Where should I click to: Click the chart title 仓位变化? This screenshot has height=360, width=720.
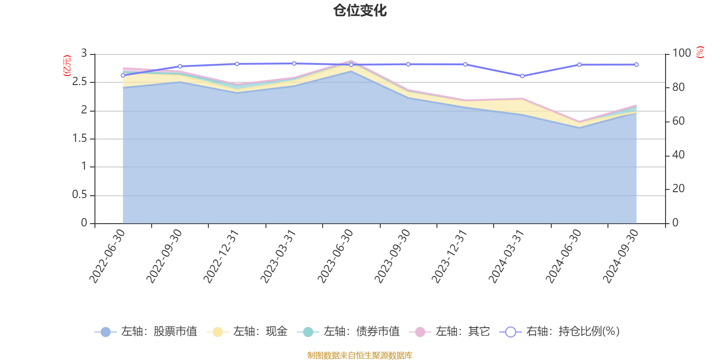[x=360, y=10]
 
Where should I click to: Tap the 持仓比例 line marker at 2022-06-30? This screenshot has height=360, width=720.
[x=123, y=75]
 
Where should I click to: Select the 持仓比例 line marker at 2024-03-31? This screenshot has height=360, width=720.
[x=522, y=76]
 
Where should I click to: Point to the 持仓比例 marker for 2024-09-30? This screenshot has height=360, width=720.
[x=636, y=65]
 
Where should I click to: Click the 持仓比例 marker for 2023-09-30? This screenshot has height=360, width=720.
[x=408, y=64]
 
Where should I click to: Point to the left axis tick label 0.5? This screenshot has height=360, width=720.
[x=80, y=195]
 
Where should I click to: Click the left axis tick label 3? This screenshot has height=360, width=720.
[x=84, y=54]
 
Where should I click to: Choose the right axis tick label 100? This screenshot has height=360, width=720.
[x=681, y=54]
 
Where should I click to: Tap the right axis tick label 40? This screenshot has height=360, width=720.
[x=678, y=155]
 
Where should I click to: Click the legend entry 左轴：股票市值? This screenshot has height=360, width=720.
[x=146, y=332]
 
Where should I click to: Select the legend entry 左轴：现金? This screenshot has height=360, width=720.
[x=247, y=332]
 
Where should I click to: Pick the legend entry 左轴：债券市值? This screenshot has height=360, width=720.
[x=348, y=332]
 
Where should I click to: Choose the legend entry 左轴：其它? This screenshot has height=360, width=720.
[x=450, y=332]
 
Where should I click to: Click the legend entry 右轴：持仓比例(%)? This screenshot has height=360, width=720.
[x=560, y=332]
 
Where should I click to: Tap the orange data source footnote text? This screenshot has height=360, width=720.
[x=360, y=355]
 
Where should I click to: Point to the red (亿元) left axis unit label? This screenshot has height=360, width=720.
[x=67, y=66]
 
